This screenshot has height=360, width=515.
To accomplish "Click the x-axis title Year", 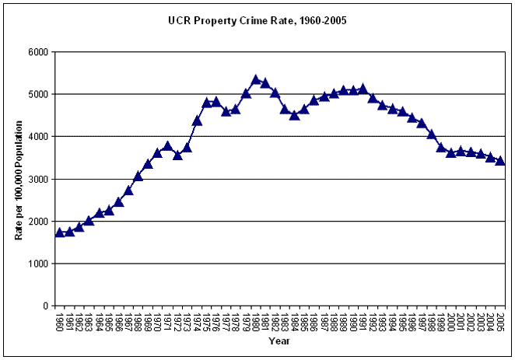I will click(x=279, y=341).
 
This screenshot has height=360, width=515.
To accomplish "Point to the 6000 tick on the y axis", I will click(x=39, y=52).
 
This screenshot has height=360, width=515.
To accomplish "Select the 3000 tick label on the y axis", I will click(x=39, y=179).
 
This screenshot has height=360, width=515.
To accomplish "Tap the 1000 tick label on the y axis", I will click(x=39, y=264).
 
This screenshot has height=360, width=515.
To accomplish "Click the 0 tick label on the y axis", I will click(x=46, y=306).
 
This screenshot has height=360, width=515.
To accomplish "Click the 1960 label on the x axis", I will click(x=59, y=321).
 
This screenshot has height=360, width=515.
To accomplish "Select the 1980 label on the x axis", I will click(x=256, y=321).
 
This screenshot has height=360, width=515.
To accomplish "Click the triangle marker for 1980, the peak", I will click(x=256, y=79).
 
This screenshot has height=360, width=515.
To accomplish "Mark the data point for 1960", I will click(x=59, y=232).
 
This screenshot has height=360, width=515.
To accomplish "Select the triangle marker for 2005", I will click(x=500, y=161).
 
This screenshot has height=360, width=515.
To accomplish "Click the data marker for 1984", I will click(x=295, y=115).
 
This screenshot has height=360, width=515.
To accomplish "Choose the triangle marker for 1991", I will click(x=363, y=89).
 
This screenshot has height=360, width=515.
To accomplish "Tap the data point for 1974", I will click(x=197, y=121).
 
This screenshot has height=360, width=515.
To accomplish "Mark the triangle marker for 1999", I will click(x=442, y=147).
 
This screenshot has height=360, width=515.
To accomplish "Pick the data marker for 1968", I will click(x=138, y=177).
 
